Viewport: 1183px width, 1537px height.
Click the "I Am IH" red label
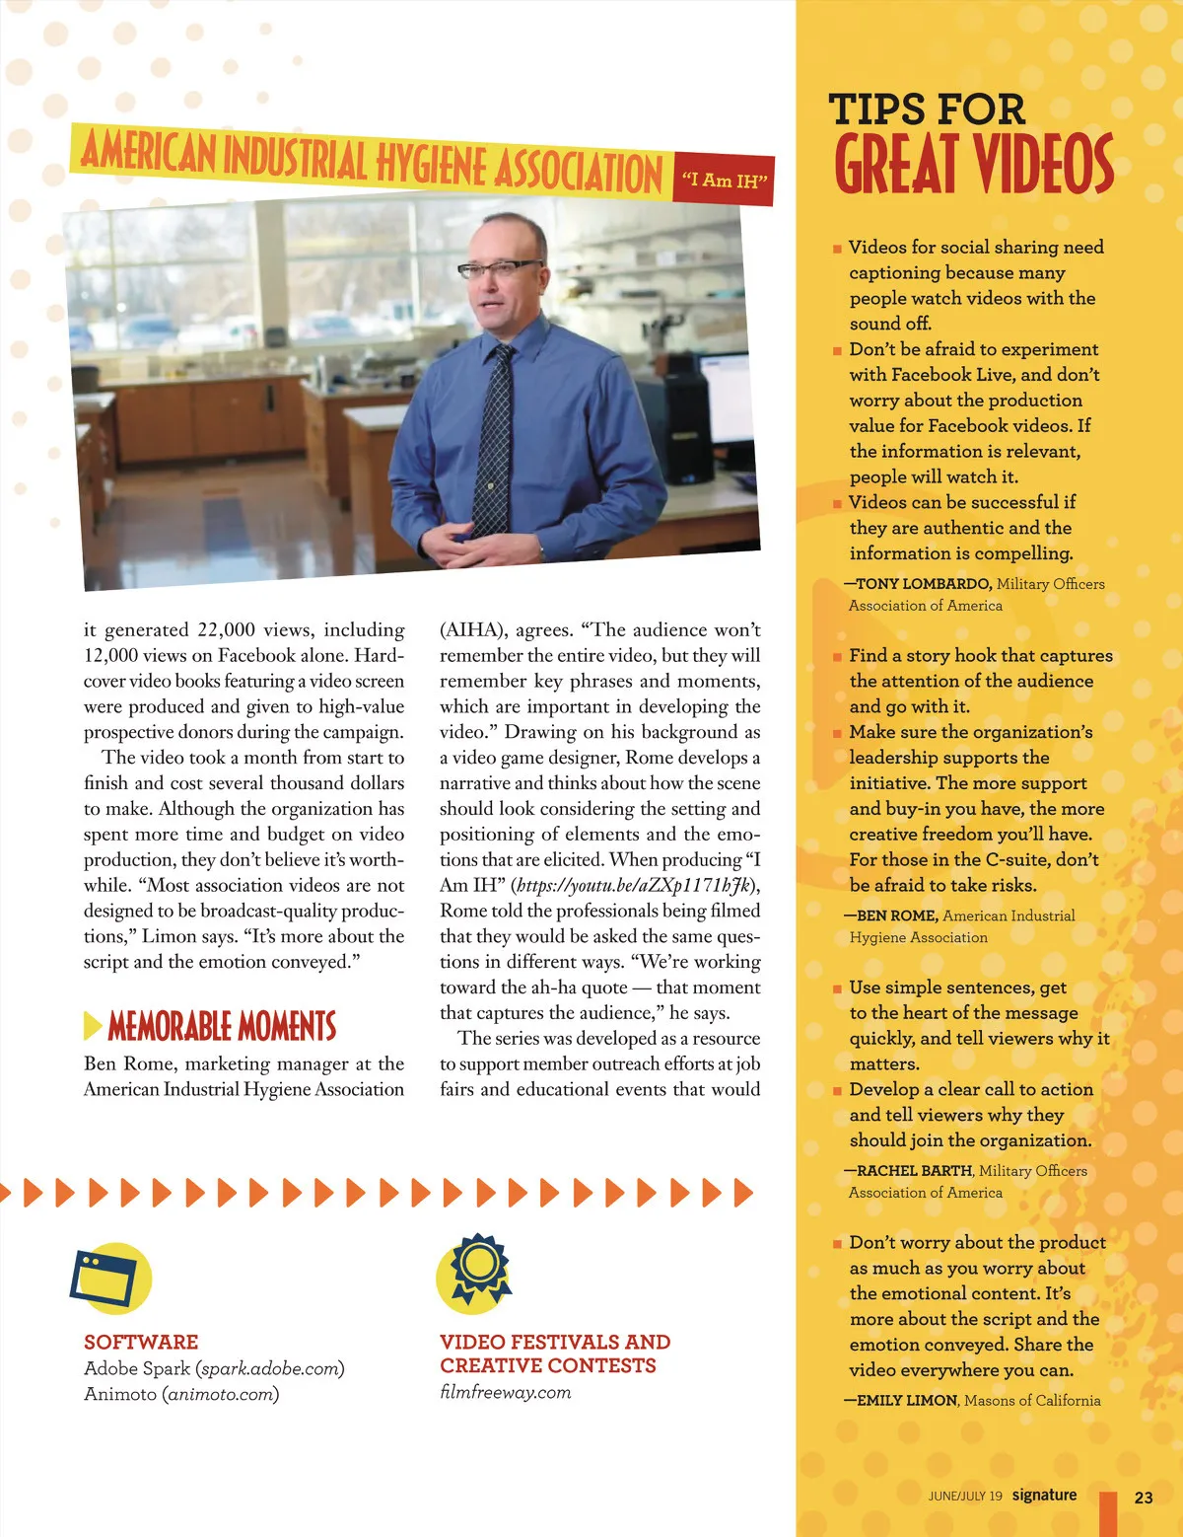click(x=724, y=181)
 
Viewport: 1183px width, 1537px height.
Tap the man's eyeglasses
click(x=507, y=267)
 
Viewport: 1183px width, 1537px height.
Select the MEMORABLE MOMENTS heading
click(x=222, y=1027)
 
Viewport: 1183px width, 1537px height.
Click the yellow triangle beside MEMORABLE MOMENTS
click(x=93, y=1026)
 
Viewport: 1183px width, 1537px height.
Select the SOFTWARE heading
click(x=141, y=1342)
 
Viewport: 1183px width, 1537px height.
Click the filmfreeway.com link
click(x=506, y=1392)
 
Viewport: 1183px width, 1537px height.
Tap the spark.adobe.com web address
click(x=270, y=1369)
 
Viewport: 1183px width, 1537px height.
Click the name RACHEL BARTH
click(x=914, y=1171)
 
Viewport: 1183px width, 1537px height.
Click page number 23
click(x=1144, y=1497)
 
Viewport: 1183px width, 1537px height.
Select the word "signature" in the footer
click(x=1044, y=1495)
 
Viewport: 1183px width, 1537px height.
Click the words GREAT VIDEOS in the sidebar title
click(x=974, y=164)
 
